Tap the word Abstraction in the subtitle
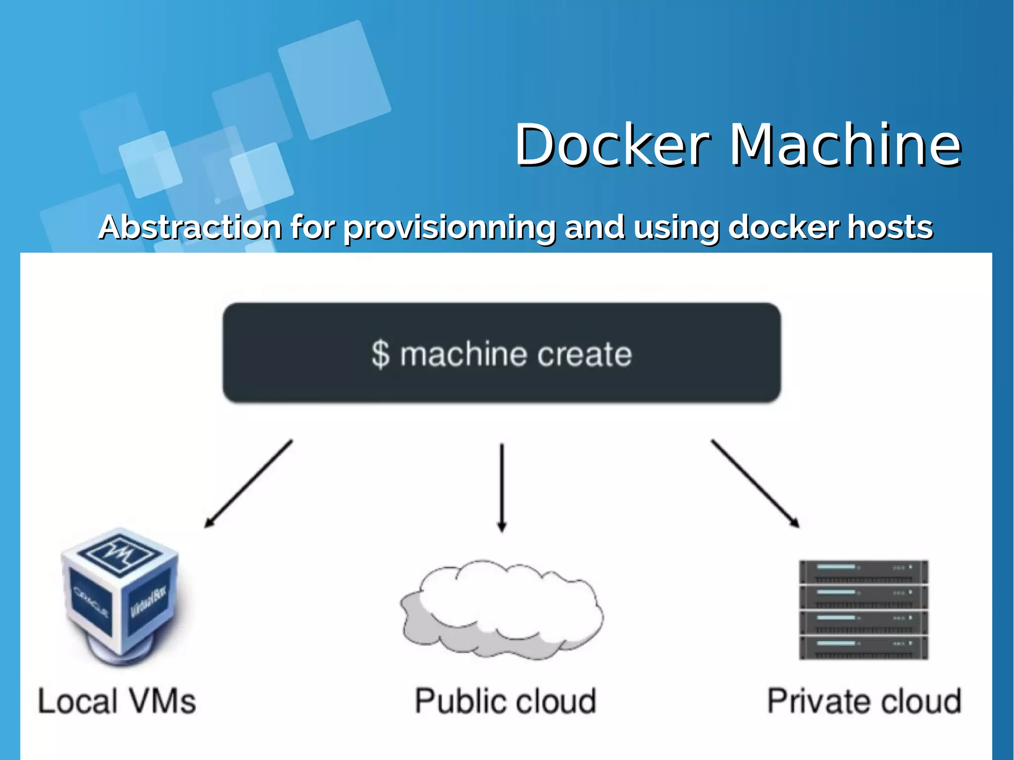[x=190, y=227]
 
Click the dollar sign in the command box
[x=381, y=354]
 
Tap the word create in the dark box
[x=584, y=354]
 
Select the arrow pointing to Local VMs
[x=249, y=483]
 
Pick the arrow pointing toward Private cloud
[x=755, y=483]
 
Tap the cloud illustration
[x=502, y=609]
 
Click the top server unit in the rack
[x=863, y=572]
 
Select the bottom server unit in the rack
[x=863, y=648]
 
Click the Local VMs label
[x=117, y=702]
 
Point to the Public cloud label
[x=505, y=702]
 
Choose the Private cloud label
[x=864, y=702]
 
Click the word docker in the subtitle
[x=784, y=227]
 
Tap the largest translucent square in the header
[x=334, y=79]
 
